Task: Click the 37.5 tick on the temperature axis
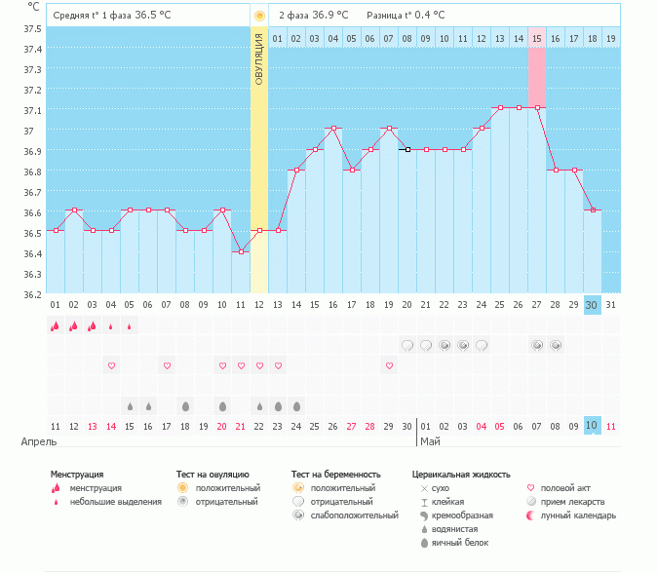tap(32, 28)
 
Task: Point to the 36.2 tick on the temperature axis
tap(32, 294)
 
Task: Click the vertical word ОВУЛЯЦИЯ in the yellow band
tap(259, 59)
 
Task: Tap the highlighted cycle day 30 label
tap(592, 305)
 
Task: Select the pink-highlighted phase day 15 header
tap(536, 38)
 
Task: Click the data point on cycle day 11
tap(241, 251)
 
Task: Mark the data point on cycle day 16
tap(333, 128)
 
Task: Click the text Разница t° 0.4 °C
tap(406, 16)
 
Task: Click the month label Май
tap(430, 441)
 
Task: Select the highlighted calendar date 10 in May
tap(592, 426)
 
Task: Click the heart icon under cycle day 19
tap(389, 365)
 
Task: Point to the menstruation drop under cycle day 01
tap(55, 326)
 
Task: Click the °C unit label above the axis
tap(33, 6)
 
